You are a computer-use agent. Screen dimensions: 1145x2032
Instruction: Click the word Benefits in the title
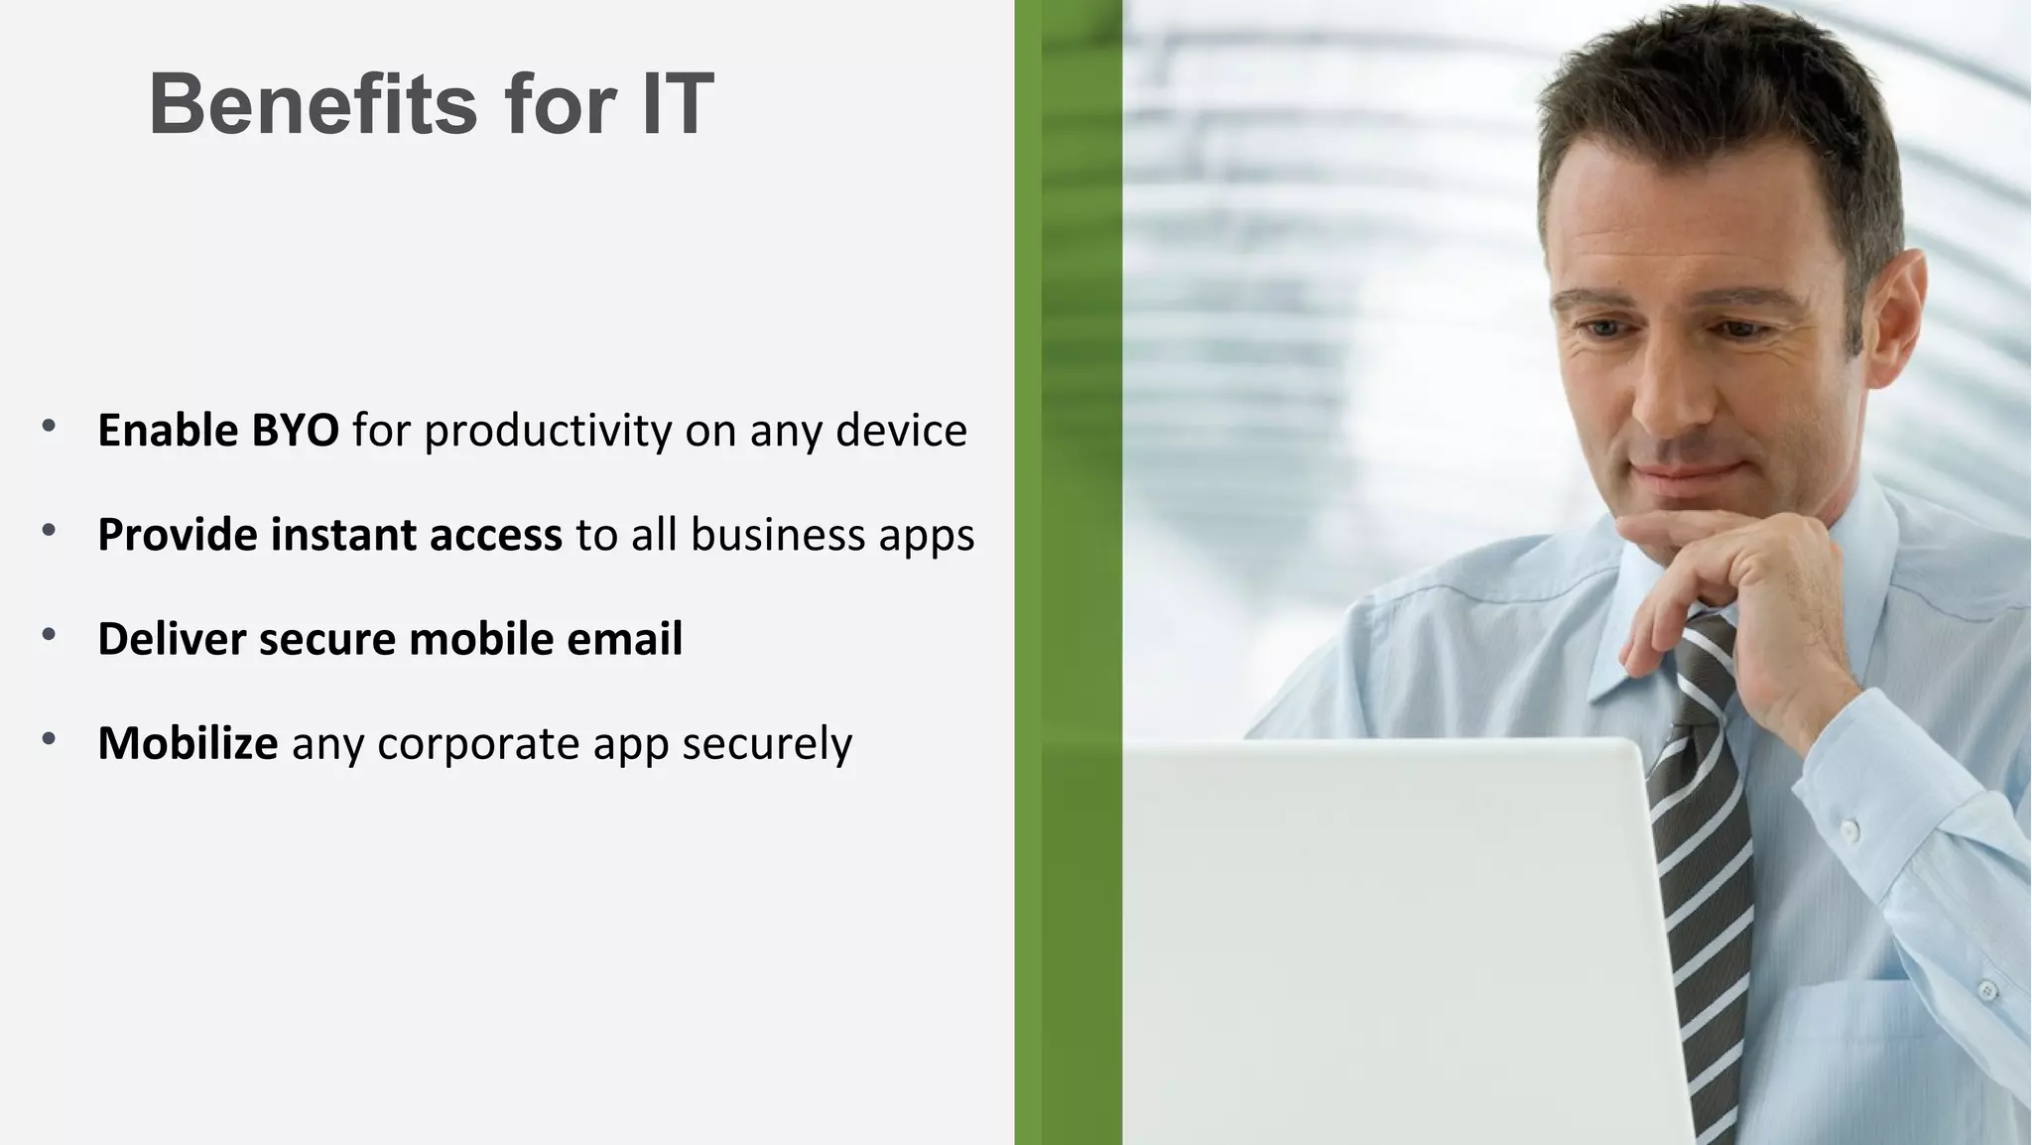tap(314, 104)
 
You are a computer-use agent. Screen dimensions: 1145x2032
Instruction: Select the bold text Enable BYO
tap(218, 431)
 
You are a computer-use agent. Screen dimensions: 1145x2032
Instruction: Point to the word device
tap(901, 431)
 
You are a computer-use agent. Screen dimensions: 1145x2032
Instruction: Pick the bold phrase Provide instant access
tap(329, 536)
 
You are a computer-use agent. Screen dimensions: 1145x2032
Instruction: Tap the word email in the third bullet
tap(624, 639)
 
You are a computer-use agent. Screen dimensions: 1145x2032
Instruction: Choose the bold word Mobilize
tap(188, 743)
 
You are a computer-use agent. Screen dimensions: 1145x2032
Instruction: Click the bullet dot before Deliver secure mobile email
tap(49, 635)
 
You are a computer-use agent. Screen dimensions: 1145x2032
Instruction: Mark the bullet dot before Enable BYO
tap(49, 427)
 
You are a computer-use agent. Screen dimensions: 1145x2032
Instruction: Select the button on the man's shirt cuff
tap(1848, 827)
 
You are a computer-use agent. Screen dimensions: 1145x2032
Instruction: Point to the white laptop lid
tap(1389, 943)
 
